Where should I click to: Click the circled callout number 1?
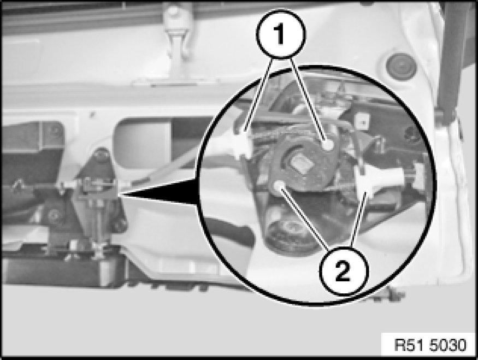281,34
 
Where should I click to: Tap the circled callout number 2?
343,271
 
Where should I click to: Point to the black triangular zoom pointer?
159,192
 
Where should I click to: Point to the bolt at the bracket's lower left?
54,215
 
